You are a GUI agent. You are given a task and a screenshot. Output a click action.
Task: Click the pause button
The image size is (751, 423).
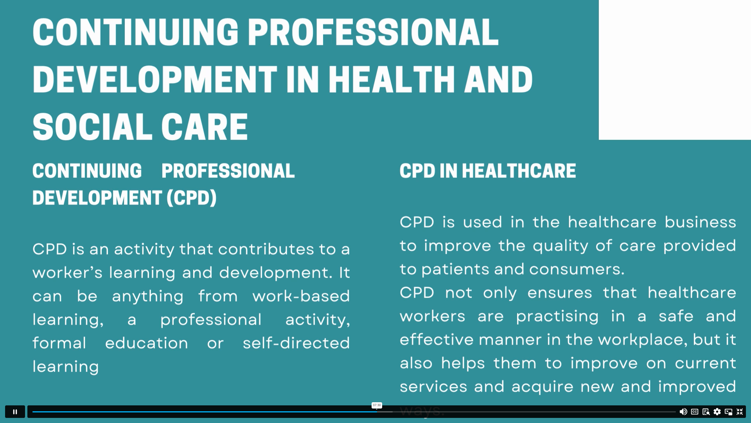click(15, 412)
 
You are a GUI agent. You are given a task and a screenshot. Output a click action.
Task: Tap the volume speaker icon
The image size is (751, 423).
click(683, 412)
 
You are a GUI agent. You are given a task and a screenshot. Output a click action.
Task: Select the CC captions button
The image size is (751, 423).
click(695, 412)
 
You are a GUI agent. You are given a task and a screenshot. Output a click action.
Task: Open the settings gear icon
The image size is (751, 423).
click(717, 412)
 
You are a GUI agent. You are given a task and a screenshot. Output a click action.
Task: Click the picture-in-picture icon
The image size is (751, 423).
click(728, 412)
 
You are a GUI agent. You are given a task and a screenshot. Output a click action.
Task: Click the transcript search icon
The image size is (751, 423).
click(706, 412)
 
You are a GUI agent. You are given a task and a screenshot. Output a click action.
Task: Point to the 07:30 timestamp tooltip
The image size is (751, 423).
click(377, 405)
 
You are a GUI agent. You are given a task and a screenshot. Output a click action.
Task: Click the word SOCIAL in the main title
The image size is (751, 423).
click(92, 127)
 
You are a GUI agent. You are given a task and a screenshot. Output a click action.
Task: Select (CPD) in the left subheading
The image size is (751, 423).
click(191, 198)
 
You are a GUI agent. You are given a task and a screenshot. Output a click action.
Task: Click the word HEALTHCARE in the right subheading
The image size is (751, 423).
click(519, 171)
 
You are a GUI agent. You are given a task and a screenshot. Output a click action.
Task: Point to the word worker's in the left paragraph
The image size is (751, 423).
click(67, 273)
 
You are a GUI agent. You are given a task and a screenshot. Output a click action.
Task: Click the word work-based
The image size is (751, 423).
click(301, 296)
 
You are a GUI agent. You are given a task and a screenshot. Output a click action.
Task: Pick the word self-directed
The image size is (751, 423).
click(296, 343)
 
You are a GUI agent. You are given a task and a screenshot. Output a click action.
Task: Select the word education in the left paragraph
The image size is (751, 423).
click(147, 343)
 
